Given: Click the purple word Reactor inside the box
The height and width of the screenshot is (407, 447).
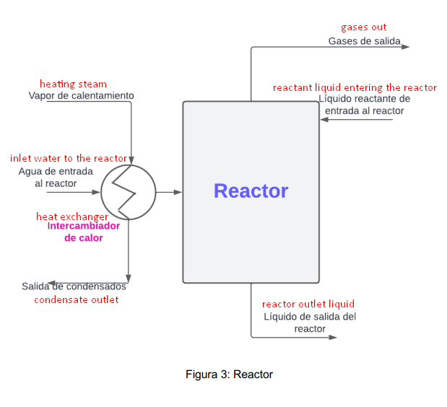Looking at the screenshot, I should [251, 191].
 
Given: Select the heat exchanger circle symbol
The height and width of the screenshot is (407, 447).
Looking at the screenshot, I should [128, 192].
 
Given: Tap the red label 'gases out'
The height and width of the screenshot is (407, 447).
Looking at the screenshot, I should [363, 27].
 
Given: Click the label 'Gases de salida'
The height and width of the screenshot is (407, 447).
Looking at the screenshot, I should [364, 41].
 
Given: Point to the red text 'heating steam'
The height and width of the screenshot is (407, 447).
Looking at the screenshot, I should [73, 84].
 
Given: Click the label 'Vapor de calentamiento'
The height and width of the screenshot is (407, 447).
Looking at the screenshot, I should [81, 95].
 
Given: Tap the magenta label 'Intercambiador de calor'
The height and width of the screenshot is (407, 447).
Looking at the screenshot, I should [84, 231].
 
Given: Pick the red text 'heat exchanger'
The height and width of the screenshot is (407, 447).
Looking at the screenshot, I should [72, 216].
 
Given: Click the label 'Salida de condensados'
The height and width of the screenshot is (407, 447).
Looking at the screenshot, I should [74, 286].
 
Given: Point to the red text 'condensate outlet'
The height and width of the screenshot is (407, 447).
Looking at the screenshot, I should [77, 299].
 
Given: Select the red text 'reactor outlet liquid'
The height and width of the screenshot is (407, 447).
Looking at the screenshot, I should [308, 304].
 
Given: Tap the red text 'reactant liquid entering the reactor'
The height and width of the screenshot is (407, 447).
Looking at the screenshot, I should [355, 87].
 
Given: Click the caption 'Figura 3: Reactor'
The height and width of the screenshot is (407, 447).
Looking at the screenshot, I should [229, 374].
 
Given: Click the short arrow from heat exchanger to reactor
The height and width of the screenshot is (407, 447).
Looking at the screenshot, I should [168, 192].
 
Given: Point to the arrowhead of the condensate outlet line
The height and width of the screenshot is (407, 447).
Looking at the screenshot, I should [129, 278].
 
